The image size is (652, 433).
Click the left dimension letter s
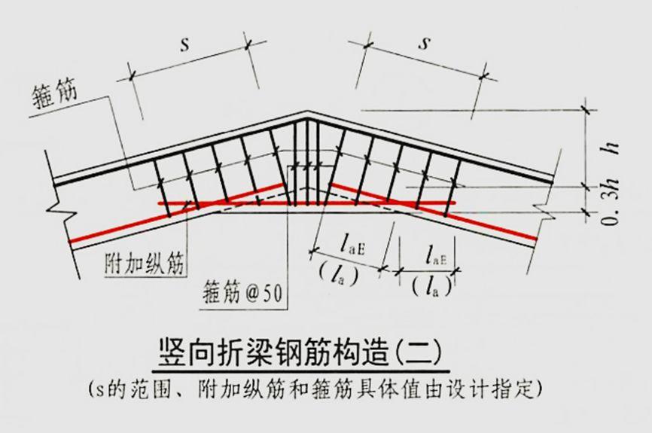point(183,44)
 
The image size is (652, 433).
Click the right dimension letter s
point(425,43)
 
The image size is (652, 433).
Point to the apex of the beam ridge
point(308,114)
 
